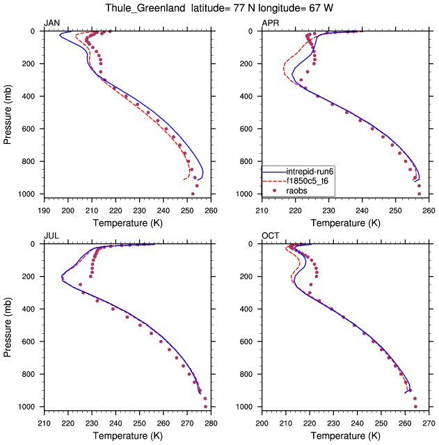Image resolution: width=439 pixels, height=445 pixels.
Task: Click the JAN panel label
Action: point(51,24)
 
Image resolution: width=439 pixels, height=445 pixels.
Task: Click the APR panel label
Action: point(270,24)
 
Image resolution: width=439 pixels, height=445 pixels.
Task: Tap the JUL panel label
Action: point(51,236)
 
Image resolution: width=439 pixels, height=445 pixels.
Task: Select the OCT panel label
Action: point(270,236)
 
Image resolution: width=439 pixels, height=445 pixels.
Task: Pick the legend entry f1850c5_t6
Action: point(311,180)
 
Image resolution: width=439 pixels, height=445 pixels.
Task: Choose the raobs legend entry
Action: point(298,189)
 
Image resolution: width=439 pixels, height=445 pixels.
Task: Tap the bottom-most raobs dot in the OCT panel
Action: point(415,407)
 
